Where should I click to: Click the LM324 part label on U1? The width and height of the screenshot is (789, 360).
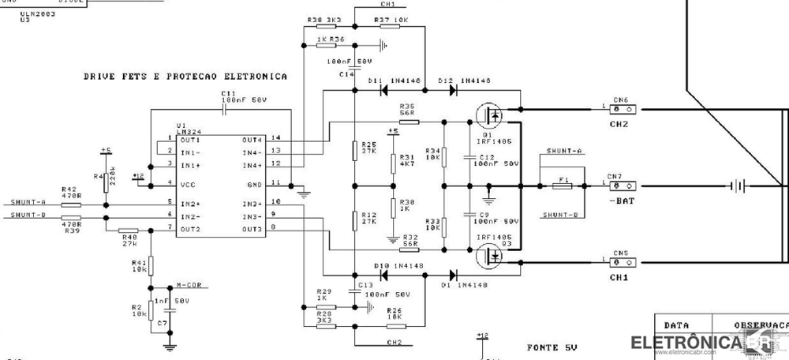pos(188,131)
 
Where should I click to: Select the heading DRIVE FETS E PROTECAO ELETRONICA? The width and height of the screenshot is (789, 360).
pos(185,77)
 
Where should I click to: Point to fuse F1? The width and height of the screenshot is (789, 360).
pos(562,186)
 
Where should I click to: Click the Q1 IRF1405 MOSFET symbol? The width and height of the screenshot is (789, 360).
pos(491,117)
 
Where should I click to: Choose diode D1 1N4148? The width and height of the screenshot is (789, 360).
pos(454,276)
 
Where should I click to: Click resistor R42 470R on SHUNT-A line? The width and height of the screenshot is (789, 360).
pos(71,203)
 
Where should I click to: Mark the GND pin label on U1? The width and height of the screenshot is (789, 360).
pos(256,183)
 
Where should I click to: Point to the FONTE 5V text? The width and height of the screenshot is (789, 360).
pos(552,347)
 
